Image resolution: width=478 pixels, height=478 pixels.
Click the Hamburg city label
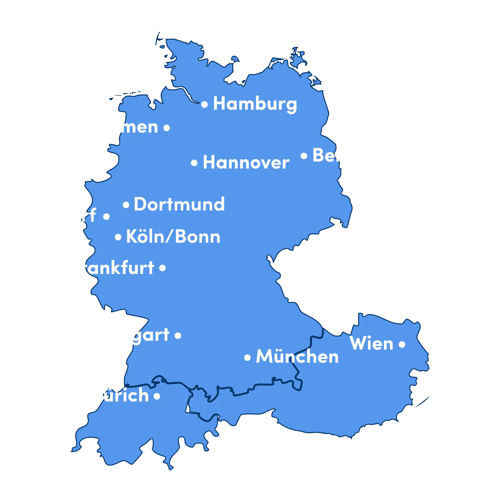[255, 104]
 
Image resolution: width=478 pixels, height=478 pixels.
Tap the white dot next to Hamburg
[204, 105]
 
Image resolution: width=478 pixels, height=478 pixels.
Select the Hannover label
[246, 162]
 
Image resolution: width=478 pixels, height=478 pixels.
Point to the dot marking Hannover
[194, 163]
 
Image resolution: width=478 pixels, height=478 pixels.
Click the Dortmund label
[179, 204]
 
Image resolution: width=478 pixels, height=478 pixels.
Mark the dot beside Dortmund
[126, 205]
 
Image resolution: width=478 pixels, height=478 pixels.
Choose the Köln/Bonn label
[173, 237]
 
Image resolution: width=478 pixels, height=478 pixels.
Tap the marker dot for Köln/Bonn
[118, 237]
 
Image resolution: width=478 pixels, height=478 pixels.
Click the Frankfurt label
[112, 268]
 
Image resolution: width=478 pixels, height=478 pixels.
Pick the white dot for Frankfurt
[162, 268]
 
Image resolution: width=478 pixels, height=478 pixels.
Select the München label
[297, 357]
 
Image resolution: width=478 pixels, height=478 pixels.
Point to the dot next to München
[247, 358]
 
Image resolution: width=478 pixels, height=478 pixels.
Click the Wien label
[372, 344]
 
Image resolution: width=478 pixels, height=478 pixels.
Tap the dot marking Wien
[402, 344]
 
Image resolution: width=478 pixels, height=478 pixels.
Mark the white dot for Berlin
[304, 156]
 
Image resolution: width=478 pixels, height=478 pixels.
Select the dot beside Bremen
[167, 128]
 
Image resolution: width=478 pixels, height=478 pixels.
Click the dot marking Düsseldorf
[106, 216]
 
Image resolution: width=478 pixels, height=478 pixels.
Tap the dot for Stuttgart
[178, 335]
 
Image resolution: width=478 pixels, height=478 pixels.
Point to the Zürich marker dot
[157, 396]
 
